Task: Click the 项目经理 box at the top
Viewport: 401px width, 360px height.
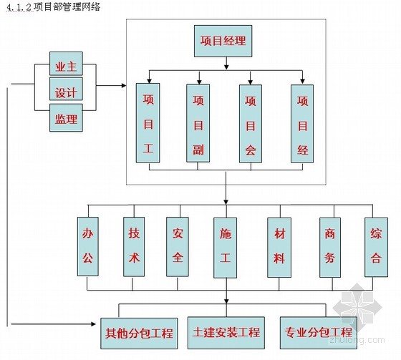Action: click(x=223, y=41)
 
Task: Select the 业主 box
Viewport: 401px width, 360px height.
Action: click(x=66, y=64)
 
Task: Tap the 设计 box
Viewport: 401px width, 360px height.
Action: click(x=66, y=89)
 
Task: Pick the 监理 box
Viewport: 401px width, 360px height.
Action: click(x=66, y=117)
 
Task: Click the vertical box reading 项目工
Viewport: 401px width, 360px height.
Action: click(x=148, y=122)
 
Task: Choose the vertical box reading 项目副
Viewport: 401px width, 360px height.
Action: click(x=198, y=123)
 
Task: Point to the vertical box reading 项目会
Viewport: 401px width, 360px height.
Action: click(x=251, y=124)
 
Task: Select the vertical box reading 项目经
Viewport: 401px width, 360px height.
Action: click(x=302, y=124)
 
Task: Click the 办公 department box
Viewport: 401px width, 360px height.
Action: click(x=87, y=246)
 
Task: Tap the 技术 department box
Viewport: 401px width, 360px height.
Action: click(x=134, y=247)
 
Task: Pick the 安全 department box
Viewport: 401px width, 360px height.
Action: click(x=178, y=247)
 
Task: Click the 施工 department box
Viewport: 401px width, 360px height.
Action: click(x=226, y=248)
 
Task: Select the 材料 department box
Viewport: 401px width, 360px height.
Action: click(x=279, y=248)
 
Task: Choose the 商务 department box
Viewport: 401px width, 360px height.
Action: click(x=330, y=248)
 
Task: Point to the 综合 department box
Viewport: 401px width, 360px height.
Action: click(x=376, y=247)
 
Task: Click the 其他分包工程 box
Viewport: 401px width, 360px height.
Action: click(x=139, y=334)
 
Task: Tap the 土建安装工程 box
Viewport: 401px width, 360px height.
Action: click(x=226, y=333)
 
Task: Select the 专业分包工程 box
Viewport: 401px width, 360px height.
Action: click(x=319, y=333)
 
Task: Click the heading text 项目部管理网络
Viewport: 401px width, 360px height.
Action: click(x=67, y=6)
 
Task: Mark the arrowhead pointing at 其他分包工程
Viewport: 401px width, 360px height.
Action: click(x=93, y=324)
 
